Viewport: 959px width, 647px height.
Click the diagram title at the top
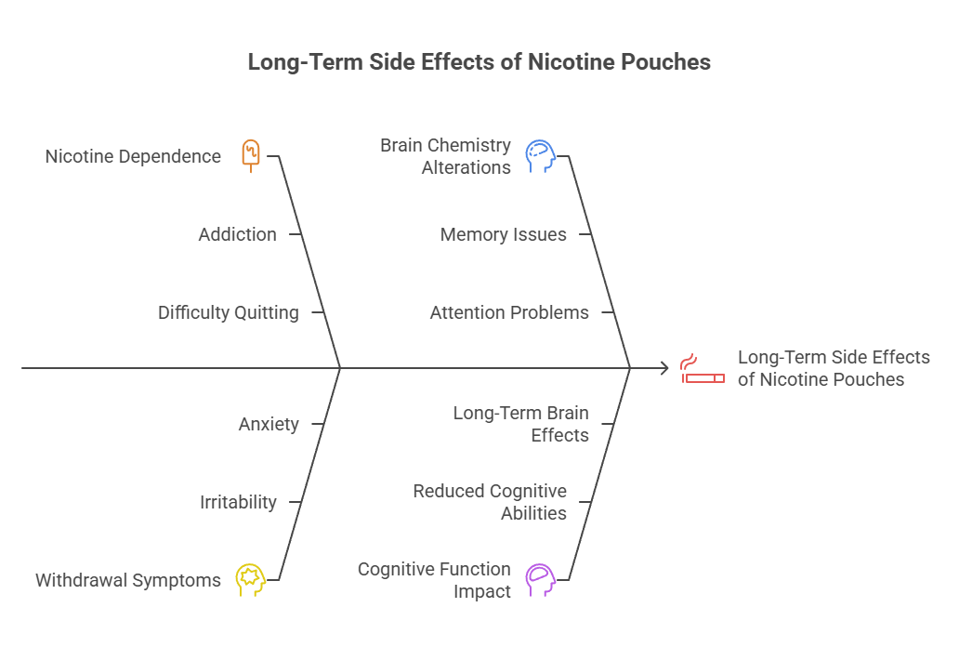(479, 62)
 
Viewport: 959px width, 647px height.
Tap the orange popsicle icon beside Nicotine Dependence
(251, 154)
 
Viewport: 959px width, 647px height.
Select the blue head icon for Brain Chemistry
(540, 156)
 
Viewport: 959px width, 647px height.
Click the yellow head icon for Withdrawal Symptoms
(250, 579)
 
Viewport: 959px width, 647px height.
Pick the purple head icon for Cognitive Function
(540, 579)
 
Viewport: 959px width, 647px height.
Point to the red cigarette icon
(703, 368)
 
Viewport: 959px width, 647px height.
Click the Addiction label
(237, 234)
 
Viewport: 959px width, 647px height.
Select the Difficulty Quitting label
(228, 312)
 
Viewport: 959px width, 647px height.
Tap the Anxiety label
(269, 424)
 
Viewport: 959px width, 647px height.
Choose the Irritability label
(238, 502)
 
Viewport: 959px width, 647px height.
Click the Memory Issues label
(503, 234)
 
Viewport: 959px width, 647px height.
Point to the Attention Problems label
(509, 312)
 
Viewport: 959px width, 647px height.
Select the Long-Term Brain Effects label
(520, 423)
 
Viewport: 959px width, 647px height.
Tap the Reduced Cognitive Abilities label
(490, 501)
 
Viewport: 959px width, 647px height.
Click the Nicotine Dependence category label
(133, 156)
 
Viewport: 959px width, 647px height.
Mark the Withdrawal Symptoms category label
(128, 580)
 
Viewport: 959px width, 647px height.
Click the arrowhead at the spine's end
(664, 368)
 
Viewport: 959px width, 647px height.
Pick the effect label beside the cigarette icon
(834, 368)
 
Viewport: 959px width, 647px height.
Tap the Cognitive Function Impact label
(434, 579)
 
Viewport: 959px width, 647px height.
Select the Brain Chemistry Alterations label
(445, 156)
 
